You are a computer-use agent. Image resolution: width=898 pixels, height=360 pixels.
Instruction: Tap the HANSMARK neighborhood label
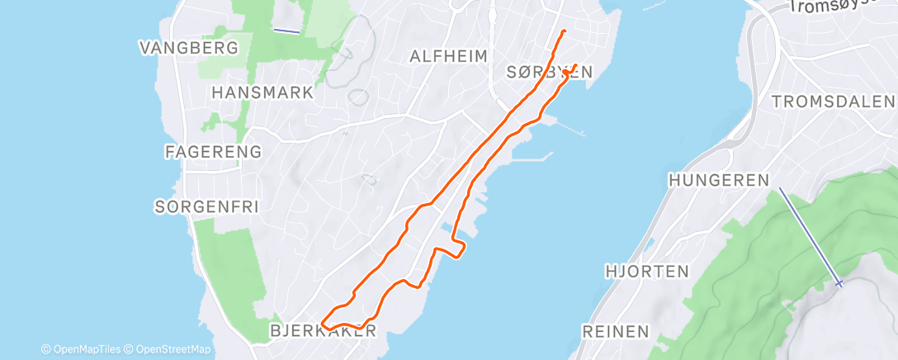click(262, 92)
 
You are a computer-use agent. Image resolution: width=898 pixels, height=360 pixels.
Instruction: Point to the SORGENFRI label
click(206, 206)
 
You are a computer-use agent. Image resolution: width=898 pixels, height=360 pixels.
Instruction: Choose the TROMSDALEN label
click(832, 102)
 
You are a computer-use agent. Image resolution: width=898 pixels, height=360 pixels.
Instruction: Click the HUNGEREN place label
click(719, 179)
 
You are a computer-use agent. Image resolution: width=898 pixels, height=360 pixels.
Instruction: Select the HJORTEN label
click(647, 271)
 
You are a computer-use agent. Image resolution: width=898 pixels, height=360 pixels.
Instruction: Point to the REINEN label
click(615, 331)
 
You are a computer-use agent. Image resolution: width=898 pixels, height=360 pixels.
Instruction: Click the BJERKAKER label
click(324, 331)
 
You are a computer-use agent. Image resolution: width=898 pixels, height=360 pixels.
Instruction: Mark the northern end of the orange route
click(564, 31)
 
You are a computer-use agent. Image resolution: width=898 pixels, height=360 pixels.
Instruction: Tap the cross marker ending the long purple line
click(839, 283)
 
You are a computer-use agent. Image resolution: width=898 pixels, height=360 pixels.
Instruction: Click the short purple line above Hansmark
click(286, 31)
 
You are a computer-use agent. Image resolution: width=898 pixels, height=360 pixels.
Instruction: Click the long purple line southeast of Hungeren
click(809, 236)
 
